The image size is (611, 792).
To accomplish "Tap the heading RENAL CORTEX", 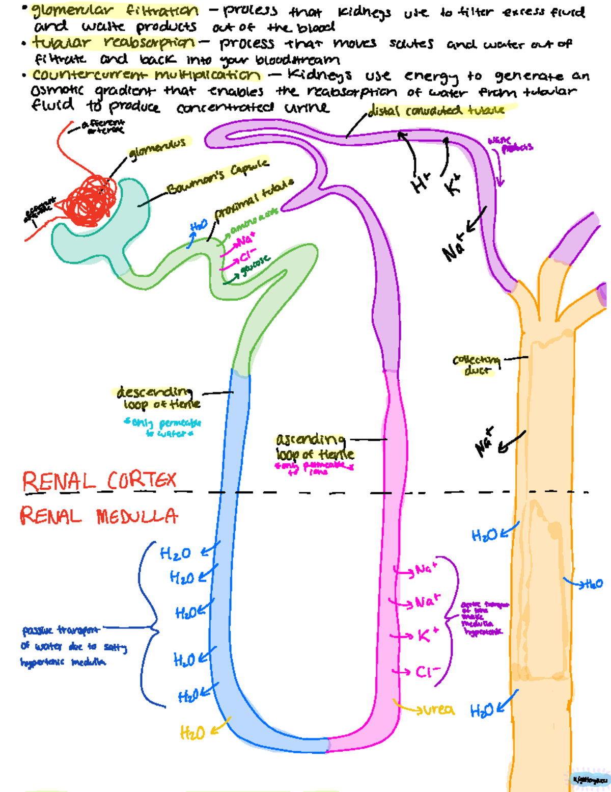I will [99, 482].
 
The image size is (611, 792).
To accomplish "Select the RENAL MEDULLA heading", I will [99, 516].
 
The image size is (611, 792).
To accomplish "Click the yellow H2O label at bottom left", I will [192, 733].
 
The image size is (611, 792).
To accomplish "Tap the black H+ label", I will [421, 183].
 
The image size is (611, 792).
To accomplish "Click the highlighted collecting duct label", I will [477, 365].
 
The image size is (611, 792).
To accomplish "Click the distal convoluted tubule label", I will [435, 110].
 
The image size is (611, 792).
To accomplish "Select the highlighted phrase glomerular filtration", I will [115, 10].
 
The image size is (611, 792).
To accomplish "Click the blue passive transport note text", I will [64, 646].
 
